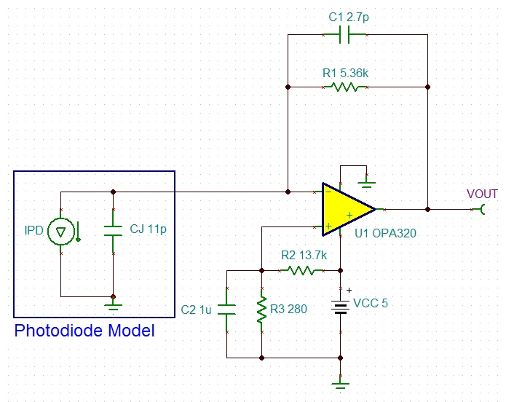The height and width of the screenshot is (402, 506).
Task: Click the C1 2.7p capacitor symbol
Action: click(344, 34)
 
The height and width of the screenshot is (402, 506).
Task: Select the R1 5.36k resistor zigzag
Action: click(344, 87)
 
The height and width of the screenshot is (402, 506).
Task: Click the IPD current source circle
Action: click(61, 232)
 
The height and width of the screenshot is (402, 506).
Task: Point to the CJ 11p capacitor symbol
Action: click(114, 231)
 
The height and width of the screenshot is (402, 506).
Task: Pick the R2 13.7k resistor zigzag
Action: click(301, 271)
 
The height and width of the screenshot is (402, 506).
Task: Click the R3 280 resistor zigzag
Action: click(261, 310)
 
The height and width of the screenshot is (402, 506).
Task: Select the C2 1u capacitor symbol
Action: click(227, 310)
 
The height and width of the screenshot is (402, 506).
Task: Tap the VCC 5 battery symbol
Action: click(341, 307)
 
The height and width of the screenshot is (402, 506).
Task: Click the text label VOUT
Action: click(482, 194)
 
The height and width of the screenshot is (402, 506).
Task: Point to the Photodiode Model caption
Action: click(84, 331)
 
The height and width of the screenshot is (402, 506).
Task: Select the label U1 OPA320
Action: click(385, 233)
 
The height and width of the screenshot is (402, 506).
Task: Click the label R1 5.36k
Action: click(345, 73)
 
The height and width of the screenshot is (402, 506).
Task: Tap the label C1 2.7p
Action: click(349, 17)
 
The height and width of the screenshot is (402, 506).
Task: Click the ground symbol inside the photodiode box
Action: click(114, 307)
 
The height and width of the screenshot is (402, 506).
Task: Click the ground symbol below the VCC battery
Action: click(341, 385)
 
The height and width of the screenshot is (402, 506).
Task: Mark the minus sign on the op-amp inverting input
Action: click(328, 192)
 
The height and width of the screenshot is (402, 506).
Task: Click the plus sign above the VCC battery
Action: click(349, 291)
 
